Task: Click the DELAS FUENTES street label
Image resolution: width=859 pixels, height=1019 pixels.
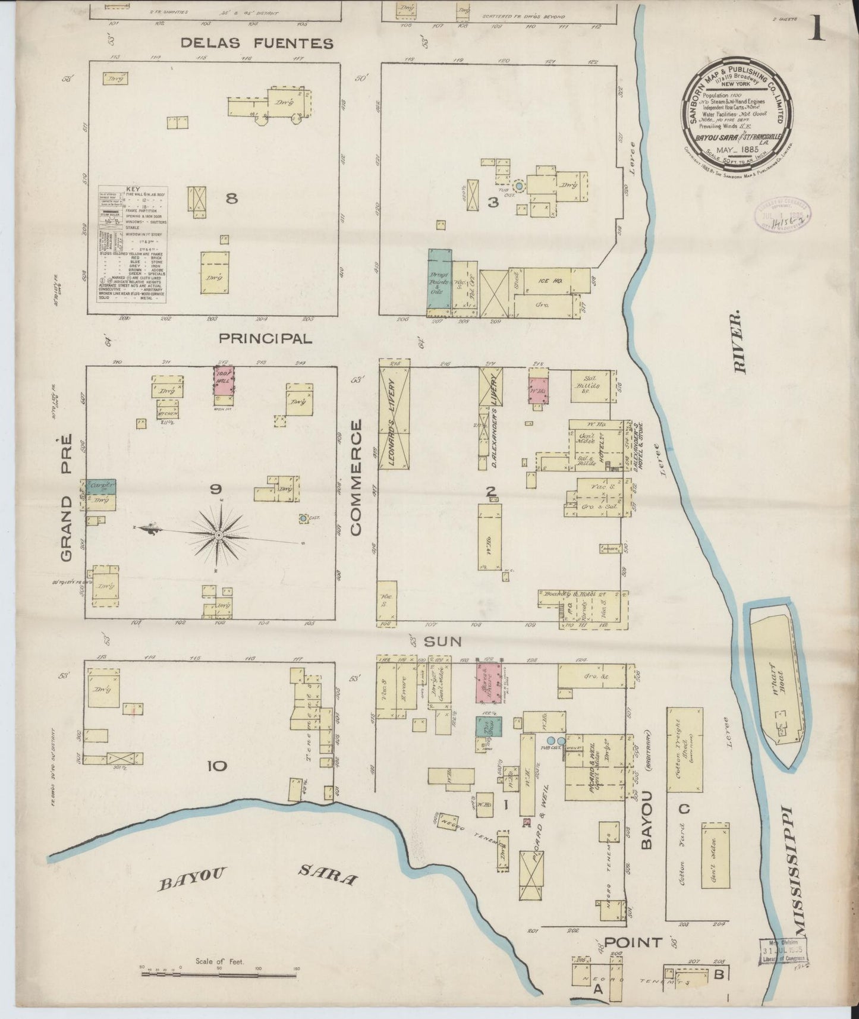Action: [x=257, y=43]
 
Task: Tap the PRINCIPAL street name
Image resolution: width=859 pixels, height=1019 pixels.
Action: [x=265, y=339]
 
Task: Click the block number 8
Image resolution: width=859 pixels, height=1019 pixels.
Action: [x=232, y=199]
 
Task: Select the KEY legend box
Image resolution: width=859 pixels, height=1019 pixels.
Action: [x=132, y=244]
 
